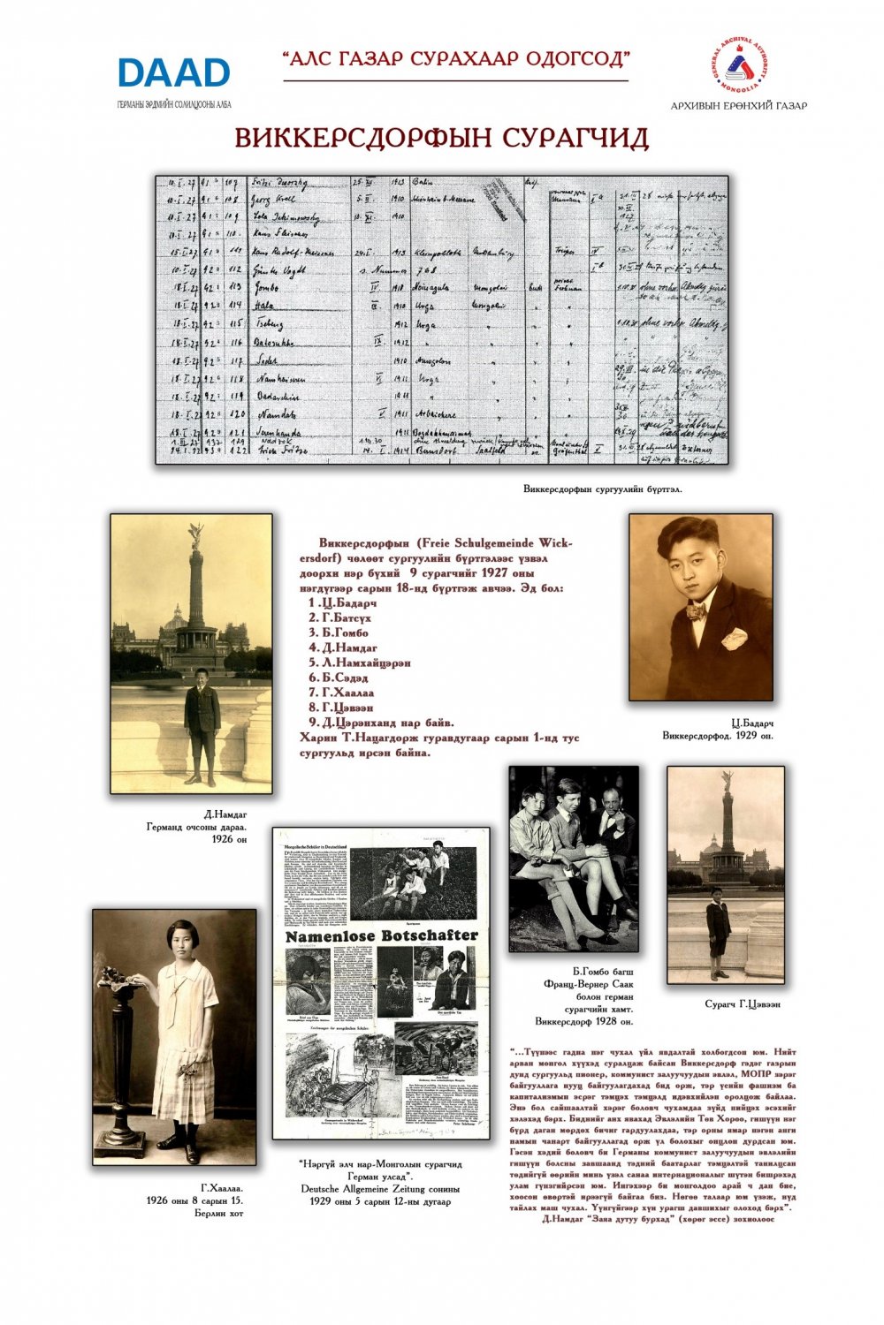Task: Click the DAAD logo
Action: tap(173, 73)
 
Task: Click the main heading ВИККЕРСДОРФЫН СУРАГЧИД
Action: tap(441, 139)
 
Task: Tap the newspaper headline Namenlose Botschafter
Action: tap(381, 935)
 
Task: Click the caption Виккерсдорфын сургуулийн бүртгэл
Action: tap(602, 488)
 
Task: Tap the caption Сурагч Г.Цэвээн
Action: tap(742, 1004)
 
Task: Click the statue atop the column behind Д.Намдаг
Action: tap(194, 534)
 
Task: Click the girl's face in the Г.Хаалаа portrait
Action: tap(185, 938)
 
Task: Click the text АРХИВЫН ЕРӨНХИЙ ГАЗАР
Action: tap(738, 106)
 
